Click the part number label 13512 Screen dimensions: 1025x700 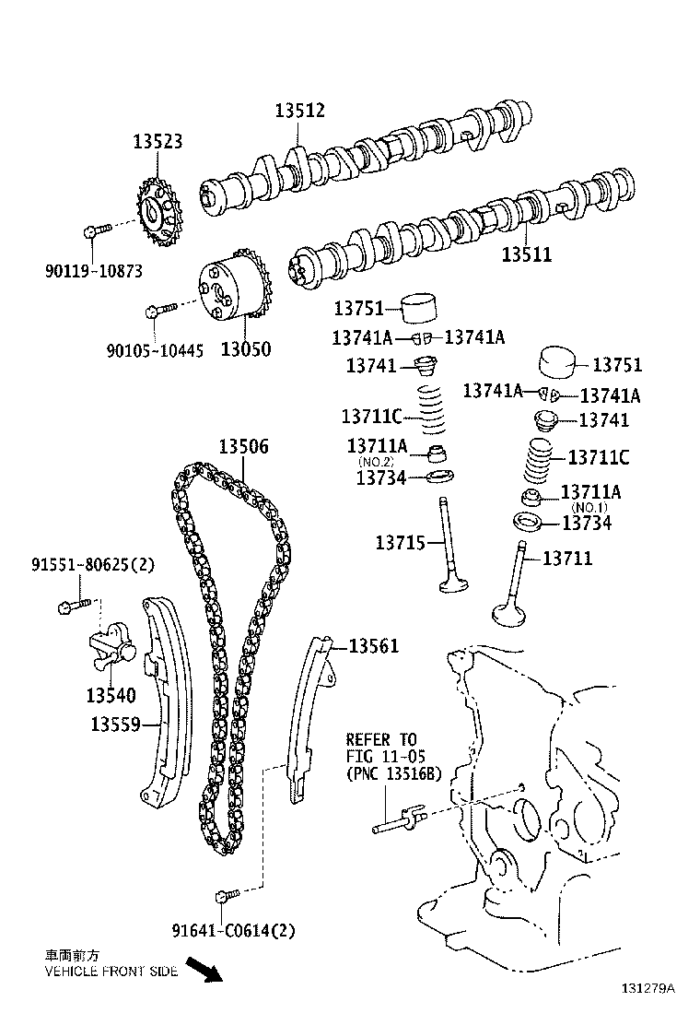[299, 111]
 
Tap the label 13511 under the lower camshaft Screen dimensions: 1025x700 [526, 253]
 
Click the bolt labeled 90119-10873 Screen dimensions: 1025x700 [96, 228]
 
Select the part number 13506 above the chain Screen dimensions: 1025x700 [243, 447]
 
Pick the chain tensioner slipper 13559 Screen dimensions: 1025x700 [166, 701]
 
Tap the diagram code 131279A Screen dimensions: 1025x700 [647, 988]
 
